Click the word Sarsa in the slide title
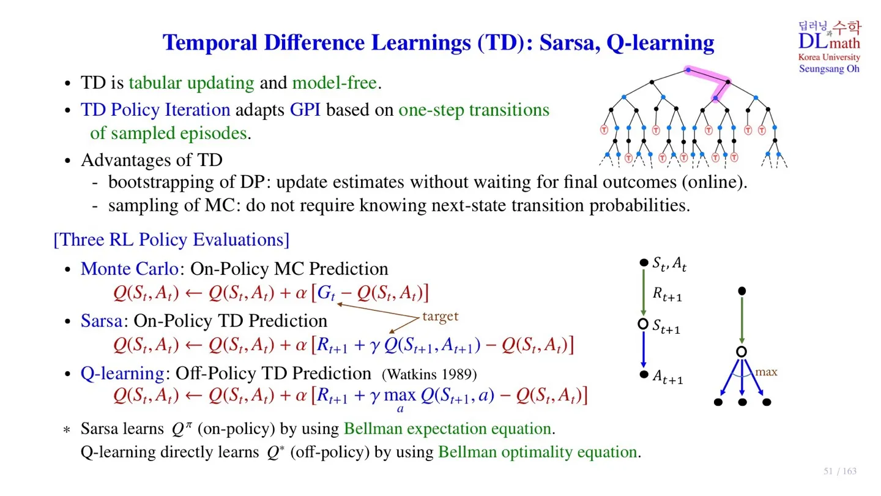[570, 42]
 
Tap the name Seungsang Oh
[829, 69]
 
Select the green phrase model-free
[334, 83]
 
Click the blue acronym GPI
[305, 110]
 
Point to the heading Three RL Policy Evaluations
[171, 239]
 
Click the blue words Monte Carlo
[130, 269]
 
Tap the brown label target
[440, 316]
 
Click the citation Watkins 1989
[429, 374]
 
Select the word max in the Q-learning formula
[400, 395]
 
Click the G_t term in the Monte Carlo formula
[326, 293]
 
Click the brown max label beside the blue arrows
[766, 372]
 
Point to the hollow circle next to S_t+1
[643, 324]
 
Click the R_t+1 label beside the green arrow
[667, 294]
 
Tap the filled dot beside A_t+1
[644, 374]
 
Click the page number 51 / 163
[840, 472]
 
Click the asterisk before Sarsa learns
[67, 430]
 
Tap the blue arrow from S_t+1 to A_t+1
[644, 350]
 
